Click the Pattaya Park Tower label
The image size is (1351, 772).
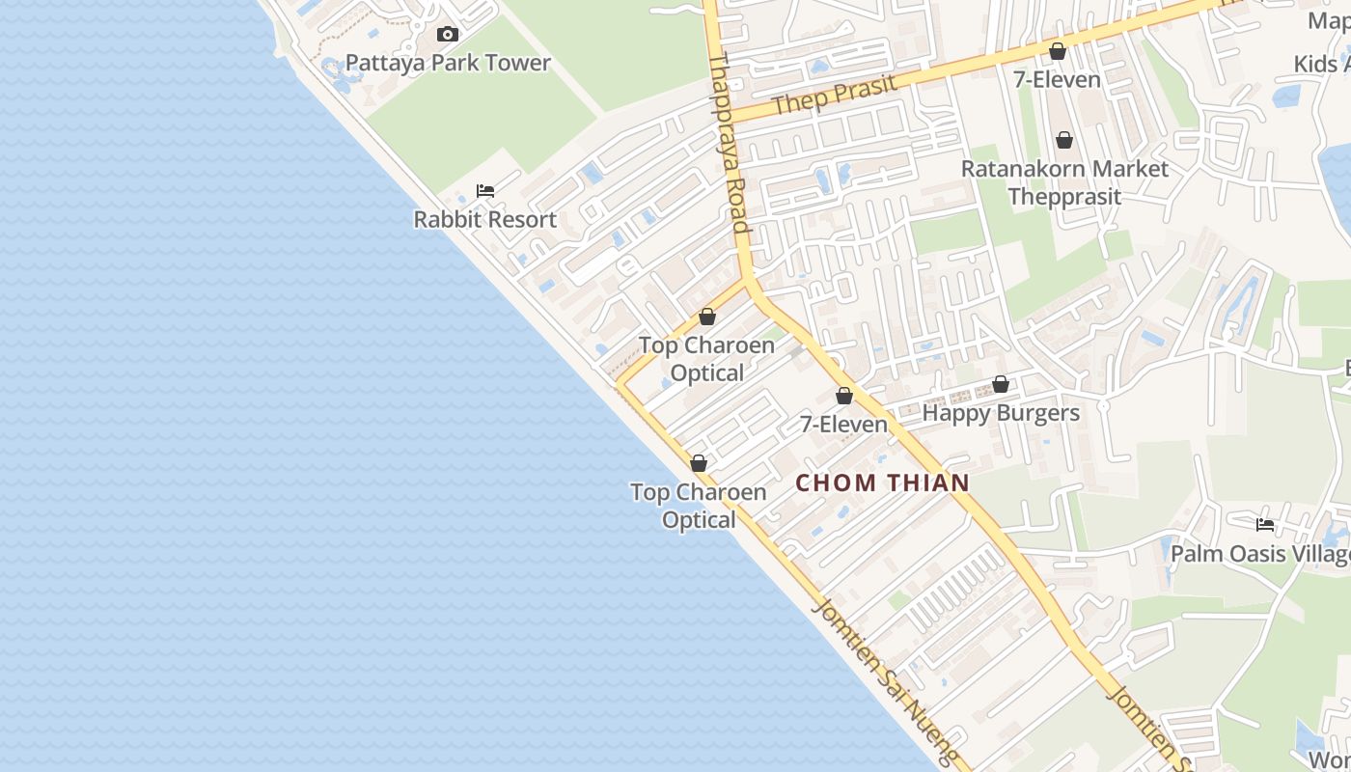point(448,64)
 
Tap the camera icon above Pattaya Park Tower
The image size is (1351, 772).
point(447,35)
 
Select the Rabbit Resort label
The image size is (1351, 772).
point(484,220)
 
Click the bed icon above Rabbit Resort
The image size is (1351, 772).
point(485,191)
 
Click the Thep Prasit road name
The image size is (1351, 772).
point(836,94)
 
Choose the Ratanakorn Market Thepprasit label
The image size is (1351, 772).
point(1064,182)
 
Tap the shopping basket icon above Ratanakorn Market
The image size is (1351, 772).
point(1064,141)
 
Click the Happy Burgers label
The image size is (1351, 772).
point(1001,413)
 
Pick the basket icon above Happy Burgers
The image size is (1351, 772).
point(1001,385)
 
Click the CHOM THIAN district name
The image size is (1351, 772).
point(882,482)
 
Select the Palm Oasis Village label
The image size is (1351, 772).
point(1260,554)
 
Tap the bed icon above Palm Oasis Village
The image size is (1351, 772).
point(1265,525)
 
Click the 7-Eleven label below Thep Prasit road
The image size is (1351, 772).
point(1057,79)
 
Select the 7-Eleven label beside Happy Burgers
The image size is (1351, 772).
point(843,425)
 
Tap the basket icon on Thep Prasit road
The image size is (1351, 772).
point(1058,51)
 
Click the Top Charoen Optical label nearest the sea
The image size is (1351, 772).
point(699,506)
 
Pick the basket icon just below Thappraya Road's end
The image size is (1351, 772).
point(707,317)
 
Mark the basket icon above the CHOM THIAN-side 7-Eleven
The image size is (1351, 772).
point(844,396)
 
